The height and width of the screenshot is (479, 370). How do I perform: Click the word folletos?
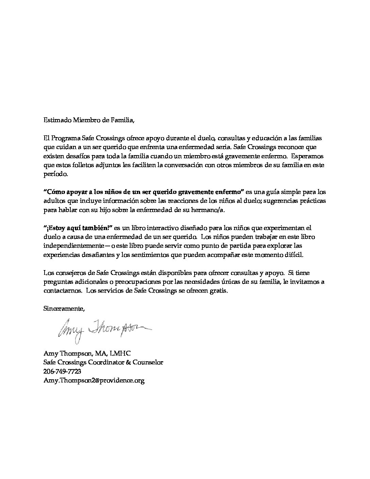[x=84, y=165]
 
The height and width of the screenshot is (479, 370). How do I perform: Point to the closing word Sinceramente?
[x=64, y=309]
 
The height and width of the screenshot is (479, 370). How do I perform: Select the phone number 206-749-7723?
[x=62, y=371]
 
